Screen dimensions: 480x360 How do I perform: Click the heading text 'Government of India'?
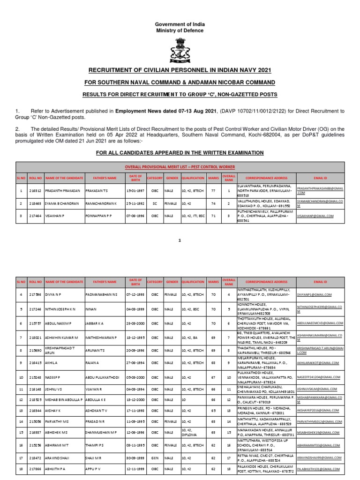(180, 24)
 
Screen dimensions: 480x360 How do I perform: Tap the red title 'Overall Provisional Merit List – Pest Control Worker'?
(180, 167)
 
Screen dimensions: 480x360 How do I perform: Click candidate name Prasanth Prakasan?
(56, 191)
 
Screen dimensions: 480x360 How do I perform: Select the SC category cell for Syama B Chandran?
(154, 204)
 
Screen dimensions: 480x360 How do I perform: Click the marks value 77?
(213, 191)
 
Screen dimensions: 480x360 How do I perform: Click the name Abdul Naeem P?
(57, 323)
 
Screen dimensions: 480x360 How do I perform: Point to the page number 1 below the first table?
(180, 240)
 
